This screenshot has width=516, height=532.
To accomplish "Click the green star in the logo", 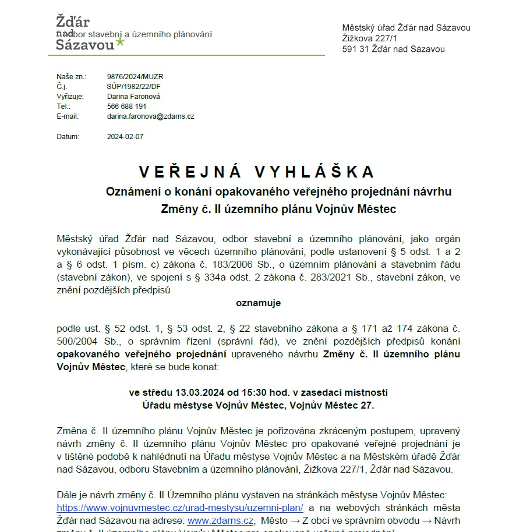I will tap(121, 41).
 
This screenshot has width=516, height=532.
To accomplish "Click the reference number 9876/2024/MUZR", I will tap(135, 76).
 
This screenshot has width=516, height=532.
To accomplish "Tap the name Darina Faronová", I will tap(133, 96).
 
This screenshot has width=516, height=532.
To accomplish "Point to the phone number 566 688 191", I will tap(126, 107).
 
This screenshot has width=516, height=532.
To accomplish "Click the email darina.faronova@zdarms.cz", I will tap(150, 116).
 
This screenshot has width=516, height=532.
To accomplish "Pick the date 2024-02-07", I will tap(125, 137).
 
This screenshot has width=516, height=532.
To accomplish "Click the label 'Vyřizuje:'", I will tap(70, 96).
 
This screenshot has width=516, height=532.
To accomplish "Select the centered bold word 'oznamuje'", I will tap(258, 303).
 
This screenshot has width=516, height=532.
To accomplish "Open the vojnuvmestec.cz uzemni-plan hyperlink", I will tap(180, 507).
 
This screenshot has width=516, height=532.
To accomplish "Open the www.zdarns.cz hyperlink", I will tap(220, 520).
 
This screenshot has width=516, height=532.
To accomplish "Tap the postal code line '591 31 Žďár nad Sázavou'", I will tap(393, 49).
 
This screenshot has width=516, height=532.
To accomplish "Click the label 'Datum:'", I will tap(68, 137).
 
